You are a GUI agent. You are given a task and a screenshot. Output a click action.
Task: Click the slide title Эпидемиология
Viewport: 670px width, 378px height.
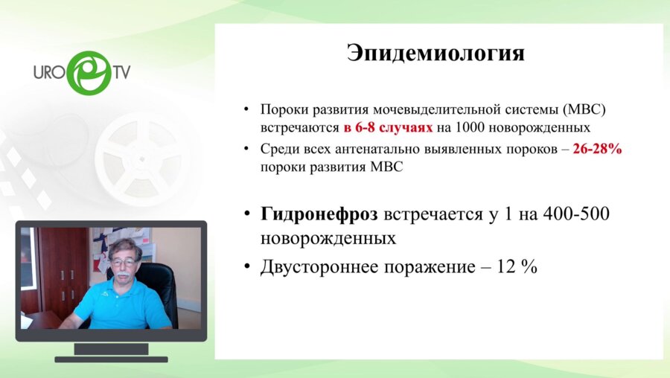(x=436, y=54)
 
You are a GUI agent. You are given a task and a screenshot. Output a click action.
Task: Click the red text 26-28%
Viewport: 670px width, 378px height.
(x=597, y=149)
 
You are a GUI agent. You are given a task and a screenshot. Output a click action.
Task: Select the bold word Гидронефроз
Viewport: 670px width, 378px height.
(x=319, y=215)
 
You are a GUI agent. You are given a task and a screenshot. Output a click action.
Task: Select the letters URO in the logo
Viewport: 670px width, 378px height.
(x=49, y=72)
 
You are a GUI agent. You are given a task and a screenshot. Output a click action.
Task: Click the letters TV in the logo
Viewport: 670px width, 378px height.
(x=121, y=72)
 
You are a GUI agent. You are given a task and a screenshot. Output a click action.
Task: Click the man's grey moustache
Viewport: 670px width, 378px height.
(x=123, y=275)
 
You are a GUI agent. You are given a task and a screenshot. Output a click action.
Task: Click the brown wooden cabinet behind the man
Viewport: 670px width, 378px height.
(x=63, y=268)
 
